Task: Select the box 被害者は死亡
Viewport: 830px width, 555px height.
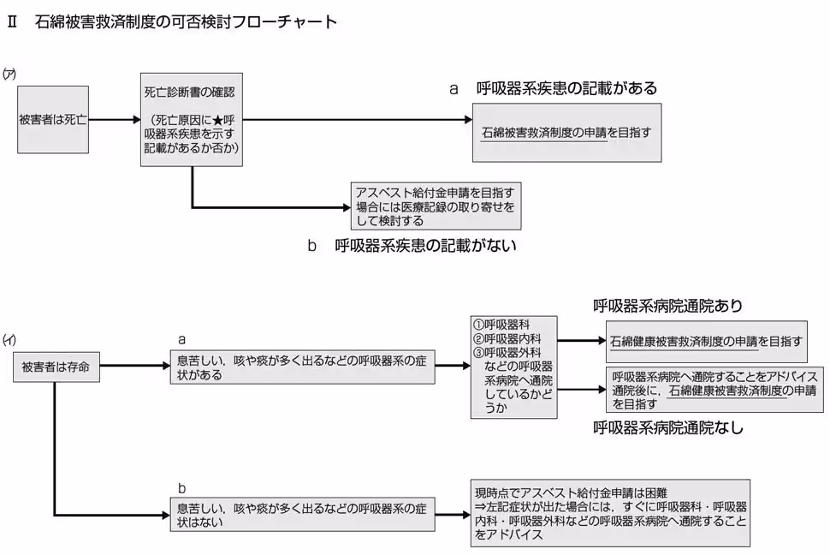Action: [53, 120]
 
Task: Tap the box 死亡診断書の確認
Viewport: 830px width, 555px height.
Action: [192, 120]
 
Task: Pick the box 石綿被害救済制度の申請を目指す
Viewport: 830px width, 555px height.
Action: [567, 133]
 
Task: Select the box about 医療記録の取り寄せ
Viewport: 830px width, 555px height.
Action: [436, 206]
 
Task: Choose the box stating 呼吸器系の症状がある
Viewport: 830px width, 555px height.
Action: [301, 367]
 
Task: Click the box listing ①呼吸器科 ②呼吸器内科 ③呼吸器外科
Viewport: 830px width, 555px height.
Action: [513, 367]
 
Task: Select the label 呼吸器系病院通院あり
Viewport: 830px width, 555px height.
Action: [667, 306]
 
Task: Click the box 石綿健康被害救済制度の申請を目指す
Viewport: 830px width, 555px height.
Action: [706, 341]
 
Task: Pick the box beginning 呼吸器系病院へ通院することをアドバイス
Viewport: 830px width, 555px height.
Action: [714, 390]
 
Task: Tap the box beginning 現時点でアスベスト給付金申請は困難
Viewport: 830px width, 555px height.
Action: [610, 512]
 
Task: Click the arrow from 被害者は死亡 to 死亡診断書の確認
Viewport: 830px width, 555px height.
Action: [114, 120]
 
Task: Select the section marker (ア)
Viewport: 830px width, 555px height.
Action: [10, 74]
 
